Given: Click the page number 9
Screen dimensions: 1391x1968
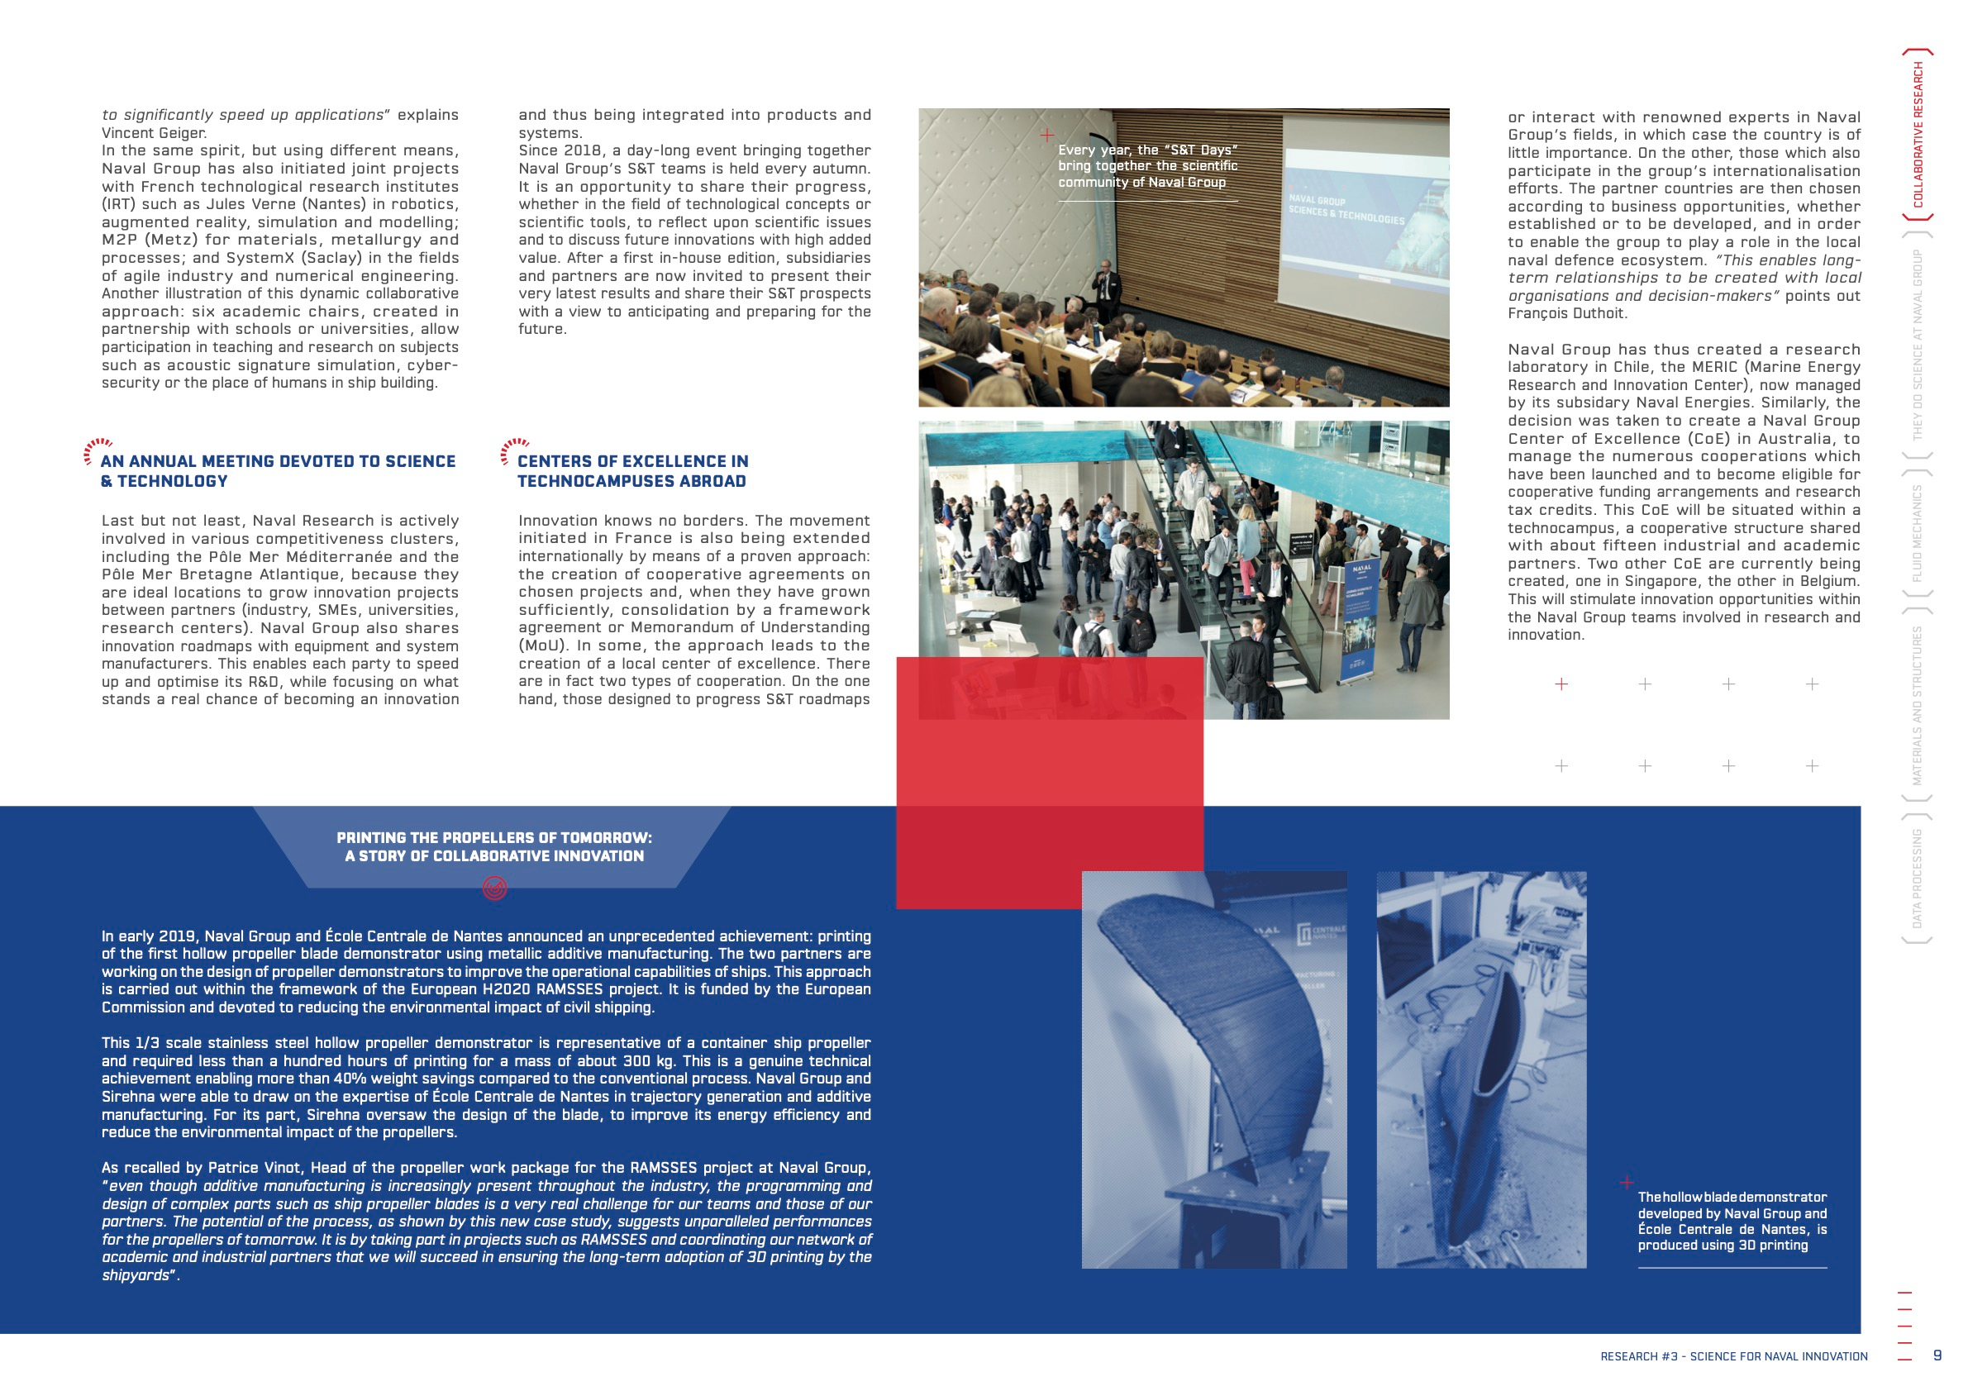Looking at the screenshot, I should (1937, 1355).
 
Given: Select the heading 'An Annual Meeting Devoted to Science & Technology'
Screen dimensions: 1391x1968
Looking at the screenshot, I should (278, 471).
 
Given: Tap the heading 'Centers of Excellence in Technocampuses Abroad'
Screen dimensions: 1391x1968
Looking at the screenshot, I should (632, 471).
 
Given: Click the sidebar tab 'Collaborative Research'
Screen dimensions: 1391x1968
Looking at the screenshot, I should (1918, 135).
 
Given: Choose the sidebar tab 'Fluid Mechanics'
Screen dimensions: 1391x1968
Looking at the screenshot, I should (1918, 533).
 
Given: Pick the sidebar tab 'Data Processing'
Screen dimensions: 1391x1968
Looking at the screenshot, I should (1918, 879).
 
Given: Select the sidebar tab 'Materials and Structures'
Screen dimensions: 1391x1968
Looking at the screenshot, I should (1918, 705).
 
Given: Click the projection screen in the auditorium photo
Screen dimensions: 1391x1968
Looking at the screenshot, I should (1363, 214).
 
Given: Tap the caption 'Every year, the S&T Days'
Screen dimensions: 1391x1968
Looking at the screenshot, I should (1147, 166).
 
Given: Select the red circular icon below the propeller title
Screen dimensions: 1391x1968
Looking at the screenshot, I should (494, 888).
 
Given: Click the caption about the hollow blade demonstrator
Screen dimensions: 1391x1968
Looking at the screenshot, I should (1732, 1221).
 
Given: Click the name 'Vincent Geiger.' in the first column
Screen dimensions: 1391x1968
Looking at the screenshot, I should (155, 133).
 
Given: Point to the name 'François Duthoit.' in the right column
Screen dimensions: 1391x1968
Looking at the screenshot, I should (1567, 314).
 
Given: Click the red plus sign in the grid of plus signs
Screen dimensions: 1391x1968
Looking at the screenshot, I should (1561, 684).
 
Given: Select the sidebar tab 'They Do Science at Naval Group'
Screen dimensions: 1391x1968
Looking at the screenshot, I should (1918, 345).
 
